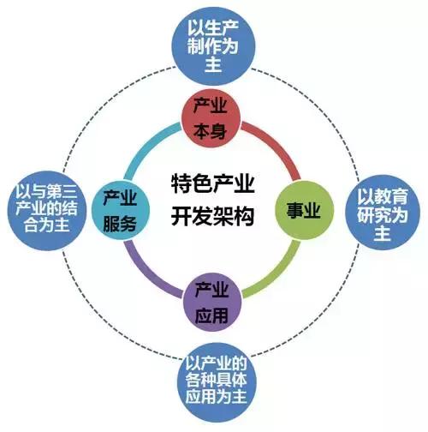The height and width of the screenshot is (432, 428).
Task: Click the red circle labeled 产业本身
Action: click(x=211, y=118)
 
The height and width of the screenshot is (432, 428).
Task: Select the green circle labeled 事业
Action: click(x=304, y=210)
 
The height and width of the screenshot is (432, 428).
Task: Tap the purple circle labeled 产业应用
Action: click(x=212, y=303)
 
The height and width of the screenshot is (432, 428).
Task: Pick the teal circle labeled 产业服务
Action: click(x=121, y=210)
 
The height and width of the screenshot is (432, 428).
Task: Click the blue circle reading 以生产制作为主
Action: click(x=213, y=45)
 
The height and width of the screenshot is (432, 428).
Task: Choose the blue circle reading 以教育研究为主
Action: click(x=383, y=213)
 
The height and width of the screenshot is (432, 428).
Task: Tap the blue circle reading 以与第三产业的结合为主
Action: click(x=46, y=211)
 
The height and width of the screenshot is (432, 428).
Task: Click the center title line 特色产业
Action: click(x=212, y=183)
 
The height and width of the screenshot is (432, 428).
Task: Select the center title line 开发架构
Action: click(x=212, y=215)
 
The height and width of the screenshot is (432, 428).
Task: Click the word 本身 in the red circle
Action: click(x=211, y=132)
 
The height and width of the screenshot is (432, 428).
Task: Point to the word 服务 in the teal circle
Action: click(x=120, y=224)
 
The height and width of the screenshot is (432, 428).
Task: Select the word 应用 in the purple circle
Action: click(x=211, y=315)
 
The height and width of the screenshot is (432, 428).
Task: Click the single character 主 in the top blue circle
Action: click(x=213, y=64)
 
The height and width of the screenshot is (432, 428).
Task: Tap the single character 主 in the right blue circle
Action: click(x=383, y=232)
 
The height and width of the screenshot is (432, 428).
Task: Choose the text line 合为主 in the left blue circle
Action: click(x=47, y=225)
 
